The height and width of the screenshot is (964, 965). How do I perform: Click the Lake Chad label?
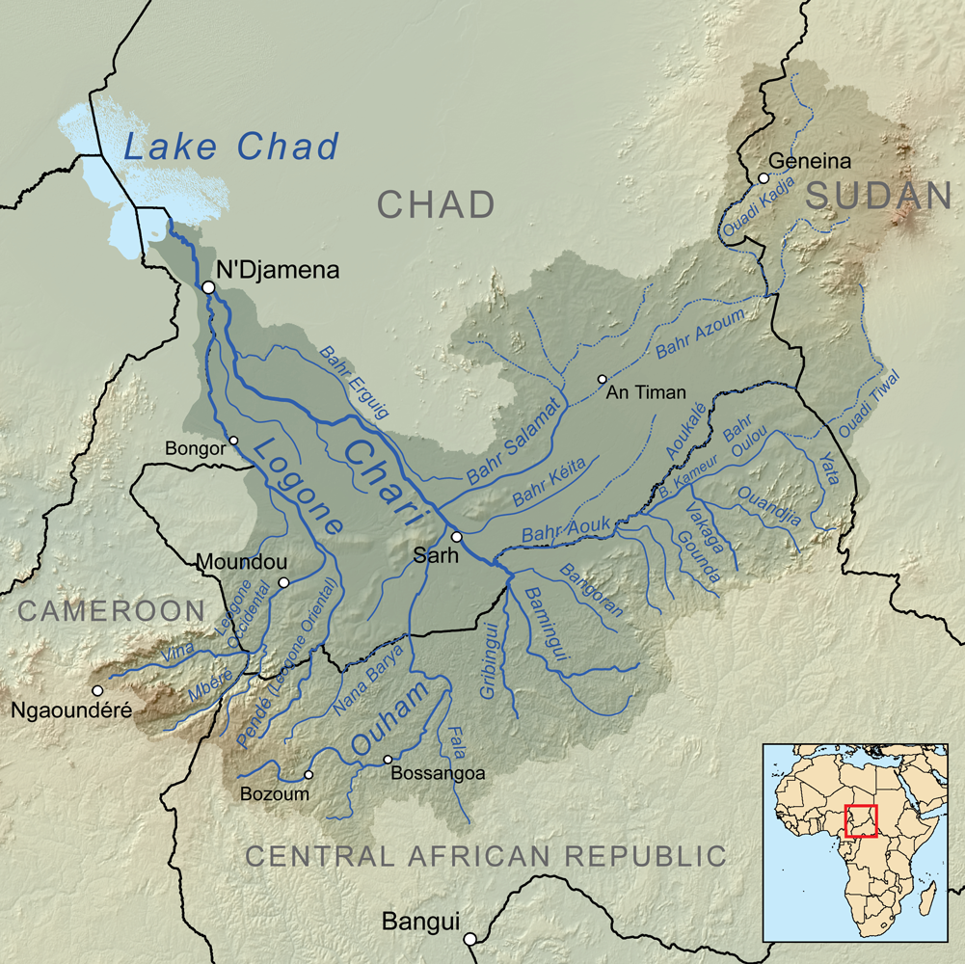point(231,147)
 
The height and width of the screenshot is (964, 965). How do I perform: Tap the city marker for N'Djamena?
point(208,287)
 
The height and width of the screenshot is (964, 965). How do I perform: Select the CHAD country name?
point(436,204)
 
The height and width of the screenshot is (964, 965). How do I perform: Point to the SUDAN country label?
point(879,196)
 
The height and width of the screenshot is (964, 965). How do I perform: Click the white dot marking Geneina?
point(764,177)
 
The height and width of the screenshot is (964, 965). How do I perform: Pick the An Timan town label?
point(646,392)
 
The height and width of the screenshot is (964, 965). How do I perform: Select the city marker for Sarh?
point(457,537)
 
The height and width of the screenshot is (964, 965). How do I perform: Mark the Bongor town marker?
point(233,441)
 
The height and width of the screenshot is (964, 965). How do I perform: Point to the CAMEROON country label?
point(112,610)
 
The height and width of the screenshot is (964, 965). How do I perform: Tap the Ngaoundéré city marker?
point(96,690)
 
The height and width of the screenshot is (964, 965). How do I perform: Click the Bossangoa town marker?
point(388,760)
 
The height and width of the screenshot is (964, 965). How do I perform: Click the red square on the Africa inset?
point(860,820)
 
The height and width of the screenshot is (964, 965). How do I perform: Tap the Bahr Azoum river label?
point(700,335)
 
